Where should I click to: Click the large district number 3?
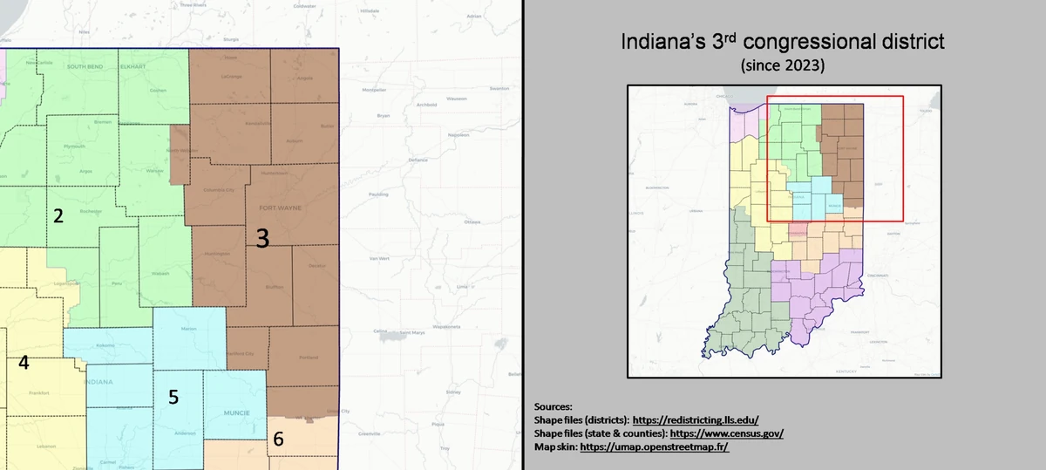tap(261, 236)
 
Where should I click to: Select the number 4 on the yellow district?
tap(24, 363)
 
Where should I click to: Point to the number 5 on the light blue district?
tap(173, 397)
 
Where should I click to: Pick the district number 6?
tap(278, 440)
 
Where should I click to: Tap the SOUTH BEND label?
tap(85, 66)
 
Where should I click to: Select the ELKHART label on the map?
tap(133, 66)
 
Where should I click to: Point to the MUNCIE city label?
tap(236, 412)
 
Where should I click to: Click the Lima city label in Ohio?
tap(461, 286)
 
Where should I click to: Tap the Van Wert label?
tap(379, 258)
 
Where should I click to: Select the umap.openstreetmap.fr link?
tap(654, 446)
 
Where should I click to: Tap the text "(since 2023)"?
tap(782, 65)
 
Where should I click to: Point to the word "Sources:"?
tap(554, 406)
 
